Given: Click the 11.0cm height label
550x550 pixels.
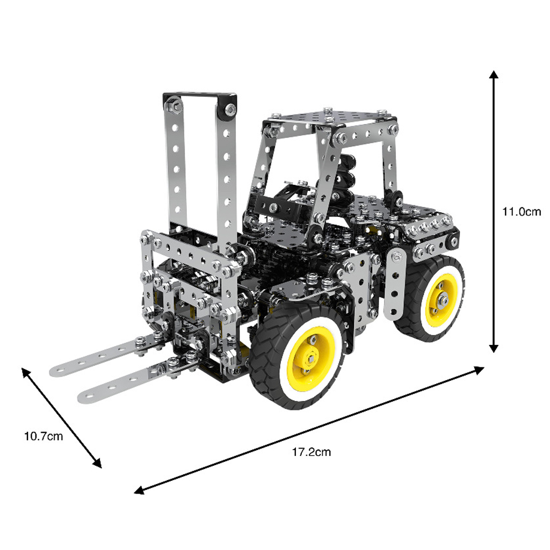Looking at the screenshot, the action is tap(522, 212).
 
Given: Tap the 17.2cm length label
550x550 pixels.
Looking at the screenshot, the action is tap(312, 452).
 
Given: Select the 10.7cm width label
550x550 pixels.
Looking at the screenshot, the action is tap(44, 436).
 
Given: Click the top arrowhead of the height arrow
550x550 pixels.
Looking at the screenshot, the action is tap(494, 75).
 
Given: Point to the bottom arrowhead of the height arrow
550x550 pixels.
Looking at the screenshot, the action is tap(494, 348).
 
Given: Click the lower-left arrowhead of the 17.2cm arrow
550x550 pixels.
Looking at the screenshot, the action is tap(139, 490).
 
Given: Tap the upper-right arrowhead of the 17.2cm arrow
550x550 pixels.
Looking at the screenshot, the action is tap(479, 370).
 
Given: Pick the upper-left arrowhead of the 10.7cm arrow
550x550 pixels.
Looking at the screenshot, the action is tap(26, 372).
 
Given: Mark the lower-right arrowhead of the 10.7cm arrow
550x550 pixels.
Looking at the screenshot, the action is tap(98, 464).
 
